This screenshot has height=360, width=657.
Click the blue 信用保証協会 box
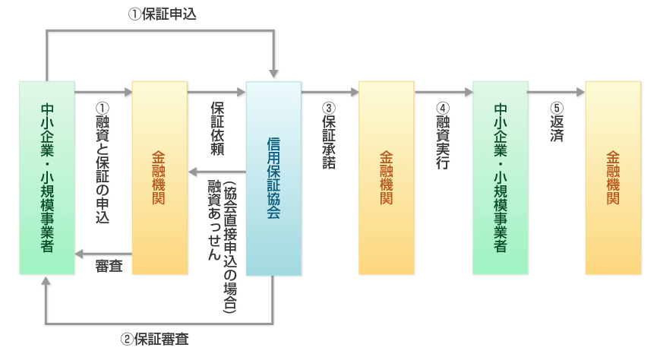pos(273,178)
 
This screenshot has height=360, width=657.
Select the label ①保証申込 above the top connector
pos(162,14)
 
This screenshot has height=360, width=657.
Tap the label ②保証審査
pos(155,339)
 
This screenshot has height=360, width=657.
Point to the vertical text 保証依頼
pos(217,128)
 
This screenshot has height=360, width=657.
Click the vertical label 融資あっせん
pos(214,219)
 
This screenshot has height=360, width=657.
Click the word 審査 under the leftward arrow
pos(109,266)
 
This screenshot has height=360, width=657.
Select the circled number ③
pos(329,108)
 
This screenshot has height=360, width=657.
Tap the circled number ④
pos(443,108)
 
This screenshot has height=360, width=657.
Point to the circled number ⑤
pos(557,108)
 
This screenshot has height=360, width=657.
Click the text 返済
pos(557,128)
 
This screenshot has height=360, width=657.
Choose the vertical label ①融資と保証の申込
pos(103,163)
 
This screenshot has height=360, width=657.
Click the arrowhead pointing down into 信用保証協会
pos(273,74)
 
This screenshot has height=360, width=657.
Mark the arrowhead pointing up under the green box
pos(46,281)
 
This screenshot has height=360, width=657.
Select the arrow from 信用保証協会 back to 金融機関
pos(217,172)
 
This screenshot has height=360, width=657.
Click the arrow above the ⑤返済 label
pos(556,92)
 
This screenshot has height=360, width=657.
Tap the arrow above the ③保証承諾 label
pos(330,92)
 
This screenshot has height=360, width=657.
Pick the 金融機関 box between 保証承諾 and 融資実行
pos(387,178)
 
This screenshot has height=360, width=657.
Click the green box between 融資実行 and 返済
pos(500,178)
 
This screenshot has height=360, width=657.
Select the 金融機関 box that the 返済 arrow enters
pos(613,178)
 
